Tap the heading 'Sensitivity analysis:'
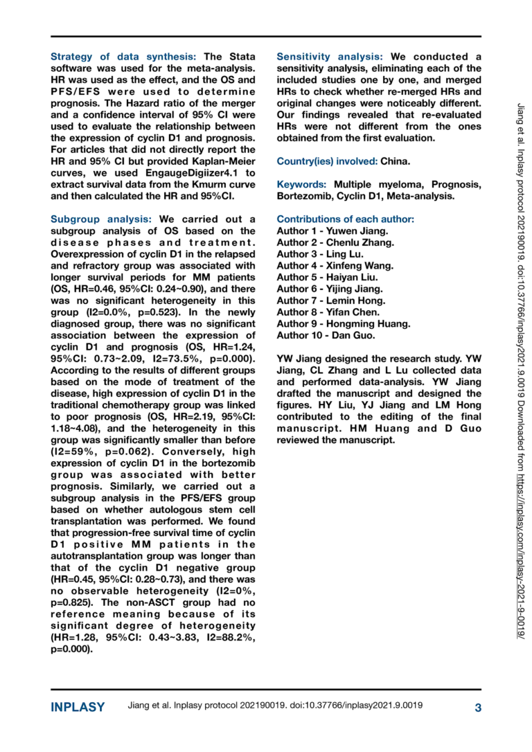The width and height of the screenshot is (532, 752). click(x=330, y=56)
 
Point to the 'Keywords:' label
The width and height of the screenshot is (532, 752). click(x=303, y=184)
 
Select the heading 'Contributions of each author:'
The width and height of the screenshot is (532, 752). click(x=345, y=219)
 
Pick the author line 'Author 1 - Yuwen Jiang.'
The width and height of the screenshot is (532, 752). click(x=332, y=230)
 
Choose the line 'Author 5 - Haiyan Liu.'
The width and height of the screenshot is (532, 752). click(x=330, y=276)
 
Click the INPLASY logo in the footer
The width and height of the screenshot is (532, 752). click(x=78, y=707)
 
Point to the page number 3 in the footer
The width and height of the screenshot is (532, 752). click(x=477, y=707)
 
